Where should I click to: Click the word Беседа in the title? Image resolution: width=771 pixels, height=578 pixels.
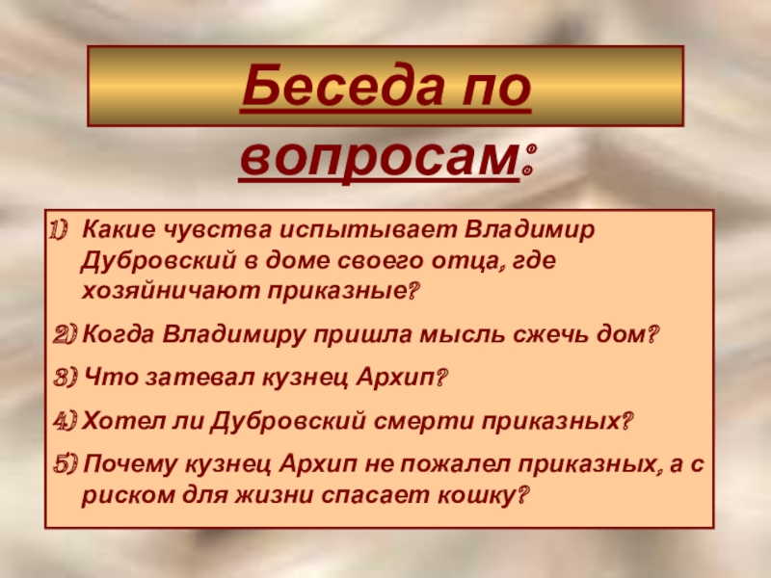click(x=341, y=86)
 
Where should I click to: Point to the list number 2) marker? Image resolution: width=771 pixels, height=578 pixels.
click(x=65, y=335)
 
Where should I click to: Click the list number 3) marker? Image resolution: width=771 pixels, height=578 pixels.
click(x=66, y=378)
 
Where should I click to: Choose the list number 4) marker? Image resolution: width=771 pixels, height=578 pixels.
click(x=66, y=421)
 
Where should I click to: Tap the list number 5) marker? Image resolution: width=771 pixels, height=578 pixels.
click(x=66, y=464)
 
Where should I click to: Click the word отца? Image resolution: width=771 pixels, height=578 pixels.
click(x=467, y=260)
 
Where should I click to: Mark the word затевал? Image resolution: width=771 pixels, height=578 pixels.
click(x=200, y=378)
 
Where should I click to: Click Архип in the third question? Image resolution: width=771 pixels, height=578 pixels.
click(x=396, y=378)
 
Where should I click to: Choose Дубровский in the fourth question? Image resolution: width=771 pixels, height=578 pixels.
click(x=288, y=421)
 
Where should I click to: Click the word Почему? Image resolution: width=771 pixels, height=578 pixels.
click(x=130, y=464)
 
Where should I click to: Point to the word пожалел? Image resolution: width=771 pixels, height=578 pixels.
click(x=454, y=464)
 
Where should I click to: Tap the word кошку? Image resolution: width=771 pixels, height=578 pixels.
click(x=473, y=495)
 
